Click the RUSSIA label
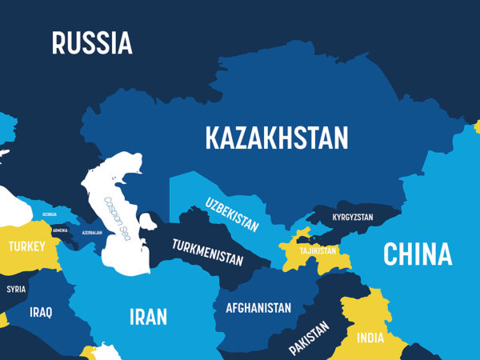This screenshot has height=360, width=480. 92,43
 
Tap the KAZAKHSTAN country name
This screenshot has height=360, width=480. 277,138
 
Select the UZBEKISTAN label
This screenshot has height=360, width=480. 231,214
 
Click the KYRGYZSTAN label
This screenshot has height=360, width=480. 353,218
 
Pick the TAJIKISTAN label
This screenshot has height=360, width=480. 318,250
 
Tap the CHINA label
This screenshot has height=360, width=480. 417,254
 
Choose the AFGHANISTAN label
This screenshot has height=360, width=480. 258,307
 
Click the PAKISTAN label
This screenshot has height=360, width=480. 309,338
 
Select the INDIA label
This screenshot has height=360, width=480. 370,337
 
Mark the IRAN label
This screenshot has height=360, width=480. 149,317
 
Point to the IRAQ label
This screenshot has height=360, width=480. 41,312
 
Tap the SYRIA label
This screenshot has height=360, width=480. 16,289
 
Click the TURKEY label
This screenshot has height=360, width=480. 27,246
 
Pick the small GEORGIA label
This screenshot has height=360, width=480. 50,214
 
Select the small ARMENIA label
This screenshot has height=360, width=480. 61,230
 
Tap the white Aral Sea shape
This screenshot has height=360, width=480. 148,221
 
